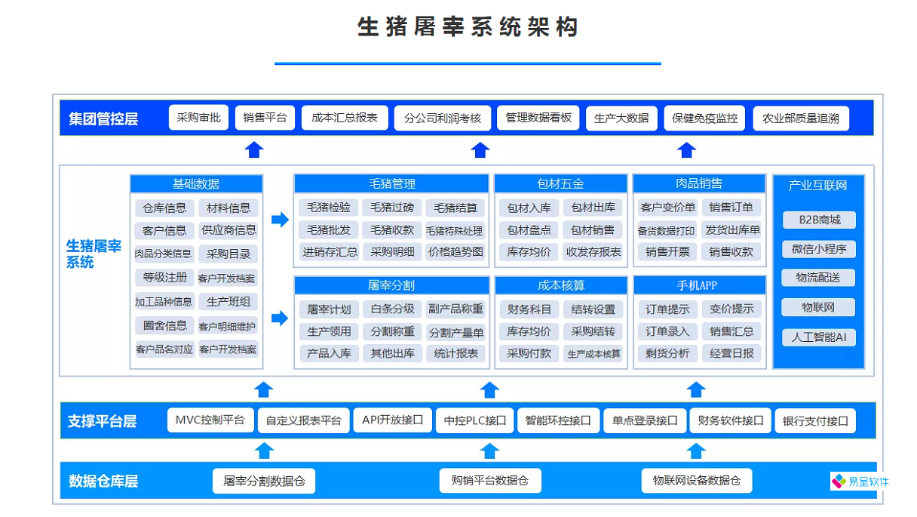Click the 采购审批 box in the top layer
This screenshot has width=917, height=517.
pyautogui.click(x=198, y=118)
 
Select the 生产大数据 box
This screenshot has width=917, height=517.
pyautogui.click(x=621, y=118)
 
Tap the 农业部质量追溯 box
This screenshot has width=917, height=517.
pyautogui.click(x=800, y=118)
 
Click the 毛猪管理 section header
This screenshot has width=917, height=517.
pyautogui.click(x=391, y=183)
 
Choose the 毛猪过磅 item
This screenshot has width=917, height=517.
pyautogui.click(x=392, y=208)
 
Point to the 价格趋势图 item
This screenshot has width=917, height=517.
pyautogui.click(x=455, y=252)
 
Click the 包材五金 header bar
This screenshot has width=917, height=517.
pyautogui.click(x=560, y=183)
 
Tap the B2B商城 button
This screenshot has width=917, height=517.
pyautogui.click(x=818, y=220)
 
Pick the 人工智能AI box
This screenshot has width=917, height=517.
pyautogui.click(x=818, y=337)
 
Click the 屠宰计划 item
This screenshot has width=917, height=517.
pyautogui.click(x=329, y=309)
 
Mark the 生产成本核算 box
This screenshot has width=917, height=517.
pyautogui.click(x=593, y=354)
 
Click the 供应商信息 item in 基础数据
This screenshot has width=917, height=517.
pyautogui.click(x=228, y=230)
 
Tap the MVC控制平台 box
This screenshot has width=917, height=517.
pyautogui.click(x=210, y=420)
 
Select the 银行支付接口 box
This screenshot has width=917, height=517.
pyautogui.click(x=815, y=421)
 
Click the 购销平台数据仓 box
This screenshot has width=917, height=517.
pyautogui.click(x=490, y=481)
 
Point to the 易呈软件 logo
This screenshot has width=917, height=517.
pyautogui.click(x=860, y=482)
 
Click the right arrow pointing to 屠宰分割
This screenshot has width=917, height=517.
pyautogui.click(x=280, y=318)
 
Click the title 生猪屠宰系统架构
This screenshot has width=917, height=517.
pyautogui.click(x=468, y=27)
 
